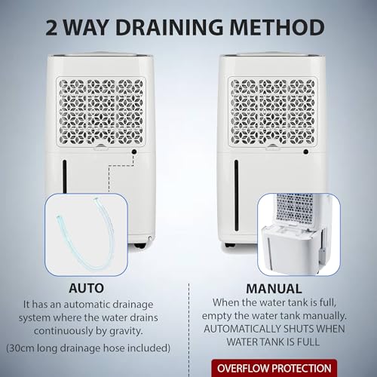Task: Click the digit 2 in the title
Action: pyautogui.click(x=52, y=27)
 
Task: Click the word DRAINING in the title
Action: pyautogui.click(x=169, y=27)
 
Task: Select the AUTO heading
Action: pyautogui.click(x=86, y=288)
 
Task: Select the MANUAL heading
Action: pyautogui.click(x=274, y=289)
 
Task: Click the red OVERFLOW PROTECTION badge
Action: pyautogui.click(x=274, y=368)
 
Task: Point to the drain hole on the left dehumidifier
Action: pyautogui.click(x=134, y=152)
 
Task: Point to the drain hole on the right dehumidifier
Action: pyautogui.click(x=306, y=152)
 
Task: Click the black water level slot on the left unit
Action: pyautogui.click(x=65, y=176)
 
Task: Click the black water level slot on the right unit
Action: pyautogui.click(x=236, y=195)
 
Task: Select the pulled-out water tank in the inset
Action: pyautogui.click(x=293, y=250)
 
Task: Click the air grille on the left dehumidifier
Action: pyautogui.click(x=101, y=112)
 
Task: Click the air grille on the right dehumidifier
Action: pyautogui.click(x=273, y=112)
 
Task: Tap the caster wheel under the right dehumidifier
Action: pyautogui.click(x=230, y=245)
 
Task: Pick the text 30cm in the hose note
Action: pyautogui.click(x=20, y=348)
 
